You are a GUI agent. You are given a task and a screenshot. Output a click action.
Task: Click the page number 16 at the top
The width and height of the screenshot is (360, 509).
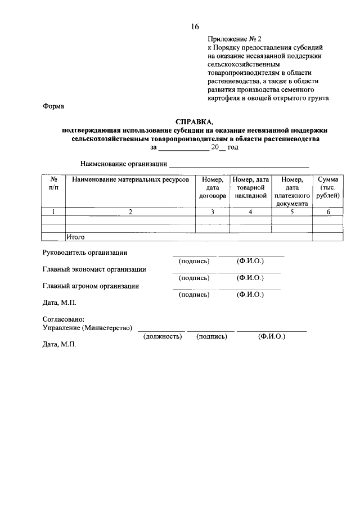point(195,26)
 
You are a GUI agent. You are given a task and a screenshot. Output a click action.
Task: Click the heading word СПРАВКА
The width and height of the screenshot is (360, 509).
point(195,121)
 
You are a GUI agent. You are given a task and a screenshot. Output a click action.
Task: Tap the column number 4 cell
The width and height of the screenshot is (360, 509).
point(250,212)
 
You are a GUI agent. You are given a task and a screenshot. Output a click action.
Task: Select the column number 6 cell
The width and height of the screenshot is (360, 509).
point(327,212)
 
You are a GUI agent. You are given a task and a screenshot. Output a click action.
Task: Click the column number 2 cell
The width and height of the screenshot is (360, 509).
point(130,212)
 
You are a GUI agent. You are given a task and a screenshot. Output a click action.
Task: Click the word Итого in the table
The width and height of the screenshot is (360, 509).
point(76,237)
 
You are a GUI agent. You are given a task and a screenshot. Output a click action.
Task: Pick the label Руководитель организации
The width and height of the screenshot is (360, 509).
point(85,253)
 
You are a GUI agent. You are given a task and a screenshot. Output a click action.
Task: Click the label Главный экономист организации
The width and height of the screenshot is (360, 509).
point(94,269)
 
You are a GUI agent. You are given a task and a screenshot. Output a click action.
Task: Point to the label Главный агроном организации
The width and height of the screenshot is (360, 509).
point(91,286)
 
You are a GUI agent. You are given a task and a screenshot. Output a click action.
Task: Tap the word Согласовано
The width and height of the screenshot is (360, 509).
point(63,319)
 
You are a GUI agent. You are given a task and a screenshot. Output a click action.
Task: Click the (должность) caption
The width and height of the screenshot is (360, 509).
point(162,336)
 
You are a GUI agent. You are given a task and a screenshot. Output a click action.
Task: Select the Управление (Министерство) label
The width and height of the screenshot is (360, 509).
point(88,328)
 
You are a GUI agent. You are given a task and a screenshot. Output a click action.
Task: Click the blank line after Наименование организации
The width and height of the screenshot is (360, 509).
point(240,165)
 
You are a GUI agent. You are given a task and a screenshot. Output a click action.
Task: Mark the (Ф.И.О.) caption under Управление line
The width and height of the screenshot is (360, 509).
point(272,336)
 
